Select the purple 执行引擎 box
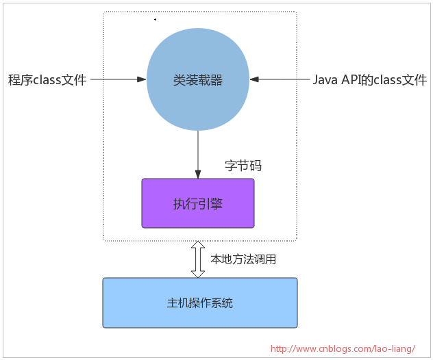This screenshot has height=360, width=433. pos(197,203)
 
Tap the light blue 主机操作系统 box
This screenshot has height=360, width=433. pos(199,303)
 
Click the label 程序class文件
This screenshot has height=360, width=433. pos(47,80)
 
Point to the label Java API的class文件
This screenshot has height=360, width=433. pos(370,80)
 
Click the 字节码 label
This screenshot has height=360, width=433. pos(243,166)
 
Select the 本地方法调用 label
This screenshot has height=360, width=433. pos(243,259)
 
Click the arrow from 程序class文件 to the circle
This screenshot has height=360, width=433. pos(119,80)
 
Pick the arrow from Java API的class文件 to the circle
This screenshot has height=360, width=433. pos(280,80)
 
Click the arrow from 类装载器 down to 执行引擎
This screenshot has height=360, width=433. pos(198,153)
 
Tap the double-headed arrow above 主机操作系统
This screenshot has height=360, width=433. pos(198,259)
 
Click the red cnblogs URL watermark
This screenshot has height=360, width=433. pos(343,348)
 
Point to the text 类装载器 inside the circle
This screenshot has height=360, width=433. pos(198,80)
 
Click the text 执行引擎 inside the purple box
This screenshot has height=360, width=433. pos(197,204)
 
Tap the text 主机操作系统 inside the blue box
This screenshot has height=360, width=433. pos(199,303)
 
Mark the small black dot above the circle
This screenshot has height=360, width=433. pos(155,20)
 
